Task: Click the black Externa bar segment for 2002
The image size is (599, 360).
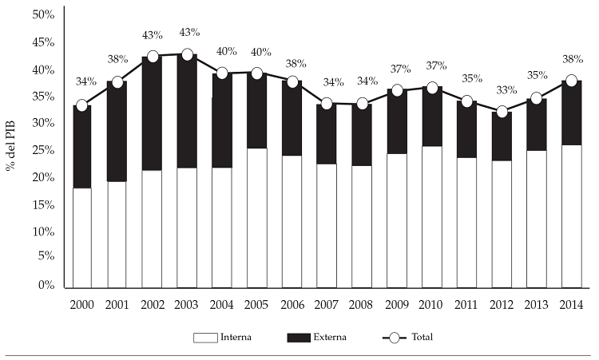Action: (152, 113)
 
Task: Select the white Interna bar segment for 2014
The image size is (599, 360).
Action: (571, 216)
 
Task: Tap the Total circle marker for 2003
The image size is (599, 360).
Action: (186, 55)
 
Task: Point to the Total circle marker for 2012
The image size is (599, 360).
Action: (502, 112)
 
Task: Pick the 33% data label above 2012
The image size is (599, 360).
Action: (502, 90)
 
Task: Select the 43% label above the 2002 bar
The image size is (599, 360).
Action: (152, 35)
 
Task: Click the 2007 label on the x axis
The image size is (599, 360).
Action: (327, 304)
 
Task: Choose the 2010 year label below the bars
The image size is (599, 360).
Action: (431, 304)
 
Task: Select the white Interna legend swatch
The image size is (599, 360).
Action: (206, 338)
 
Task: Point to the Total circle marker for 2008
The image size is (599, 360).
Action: (361, 104)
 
